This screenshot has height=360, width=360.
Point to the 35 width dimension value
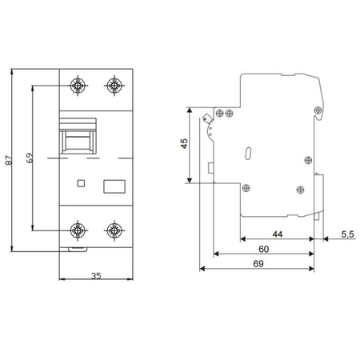(96, 277)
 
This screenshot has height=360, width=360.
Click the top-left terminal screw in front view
(78, 86)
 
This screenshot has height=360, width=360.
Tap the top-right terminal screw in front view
(114, 86)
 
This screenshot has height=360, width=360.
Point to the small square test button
(79, 183)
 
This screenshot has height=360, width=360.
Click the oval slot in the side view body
(248, 152)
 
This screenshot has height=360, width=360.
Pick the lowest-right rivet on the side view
(300, 190)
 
